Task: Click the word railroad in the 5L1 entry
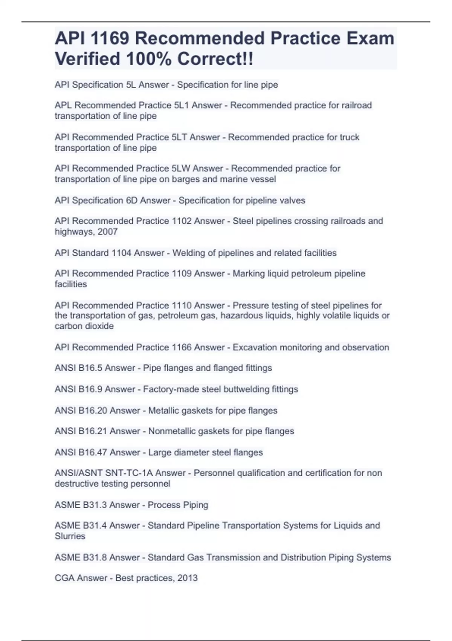tap(357, 105)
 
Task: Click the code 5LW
tap(181, 169)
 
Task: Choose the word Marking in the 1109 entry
tap(249, 273)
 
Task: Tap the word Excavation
tap(256, 347)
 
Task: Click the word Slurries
tap(70, 536)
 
